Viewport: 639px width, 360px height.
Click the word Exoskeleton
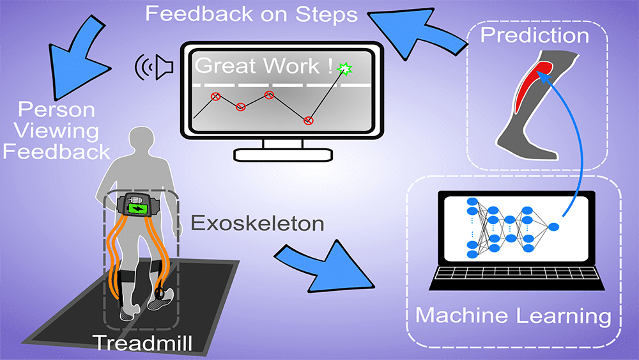click(249, 223)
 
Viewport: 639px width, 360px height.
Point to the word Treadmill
click(142, 342)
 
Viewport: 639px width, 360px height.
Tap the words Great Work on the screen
click(262, 67)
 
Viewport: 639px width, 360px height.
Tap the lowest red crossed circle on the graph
click(309, 120)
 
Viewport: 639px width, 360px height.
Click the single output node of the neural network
click(553, 227)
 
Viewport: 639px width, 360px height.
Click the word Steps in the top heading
click(326, 13)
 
